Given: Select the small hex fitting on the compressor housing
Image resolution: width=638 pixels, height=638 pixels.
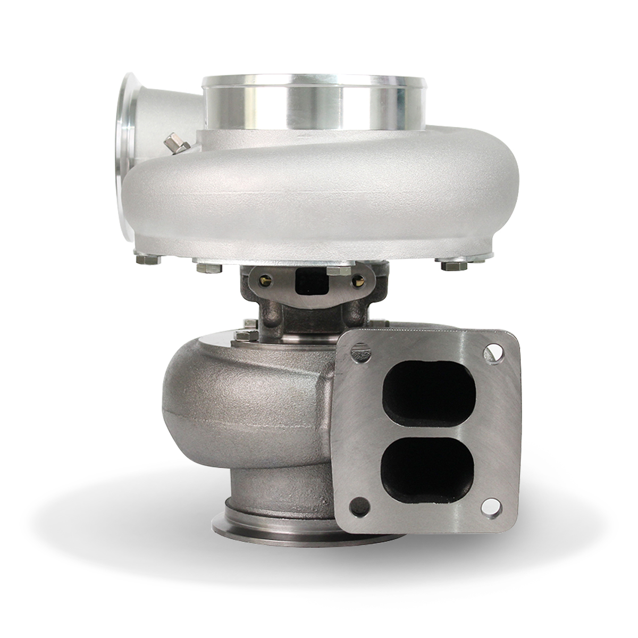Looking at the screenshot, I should tap(174, 144).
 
